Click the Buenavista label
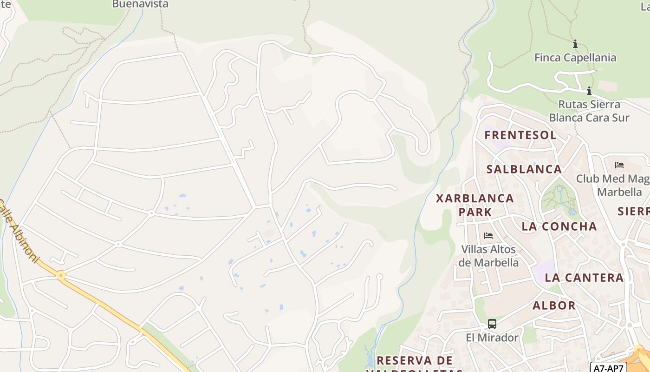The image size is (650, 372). (140, 4)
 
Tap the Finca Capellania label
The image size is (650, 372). (575, 58)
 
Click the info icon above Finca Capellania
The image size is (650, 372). (575, 44)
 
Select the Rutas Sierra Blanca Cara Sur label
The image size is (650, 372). (589, 111)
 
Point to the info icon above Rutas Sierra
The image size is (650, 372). (589, 91)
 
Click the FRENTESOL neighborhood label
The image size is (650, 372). (520, 135)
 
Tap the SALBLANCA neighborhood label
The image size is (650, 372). (524, 169)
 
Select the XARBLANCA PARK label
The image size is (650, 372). (475, 205)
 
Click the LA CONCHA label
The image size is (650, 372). (559, 226)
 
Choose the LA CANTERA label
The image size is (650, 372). (584, 278)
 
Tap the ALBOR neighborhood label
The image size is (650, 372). (554, 306)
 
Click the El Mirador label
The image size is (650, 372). (492, 337)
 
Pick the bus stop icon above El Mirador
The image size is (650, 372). (492, 324)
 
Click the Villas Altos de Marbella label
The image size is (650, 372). (488, 256)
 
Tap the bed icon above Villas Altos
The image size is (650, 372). (488, 236)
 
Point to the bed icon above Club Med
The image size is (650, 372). (619, 165)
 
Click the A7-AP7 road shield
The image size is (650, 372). (609, 367)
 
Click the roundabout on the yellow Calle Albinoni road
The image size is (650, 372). (61, 276)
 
